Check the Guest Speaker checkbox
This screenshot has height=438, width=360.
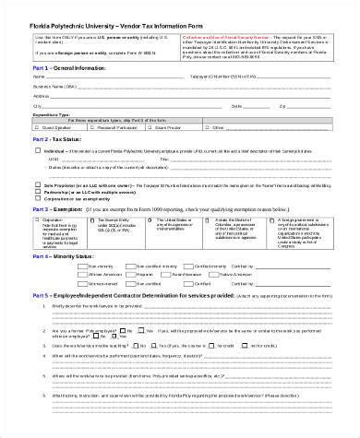(x=38, y=126)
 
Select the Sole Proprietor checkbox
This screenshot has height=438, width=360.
(x=37, y=185)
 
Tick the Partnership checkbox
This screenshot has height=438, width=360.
(x=37, y=194)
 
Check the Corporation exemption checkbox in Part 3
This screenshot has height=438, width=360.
(x=38, y=220)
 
